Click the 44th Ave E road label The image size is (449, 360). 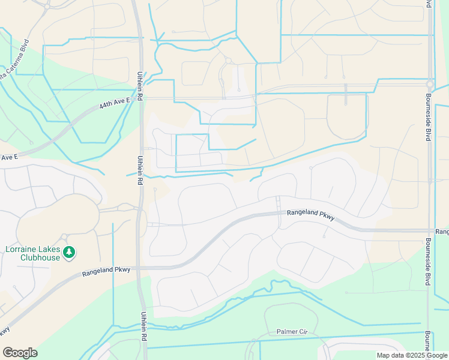(x=115, y=105)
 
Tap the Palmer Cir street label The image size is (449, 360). (x=292, y=332)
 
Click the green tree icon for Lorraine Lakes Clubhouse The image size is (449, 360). (x=70, y=252)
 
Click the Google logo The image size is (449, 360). (x=20, y=353)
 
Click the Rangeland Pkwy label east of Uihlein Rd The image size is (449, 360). (x=310, y=213)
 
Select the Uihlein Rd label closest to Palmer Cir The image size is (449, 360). (x=144, y=326)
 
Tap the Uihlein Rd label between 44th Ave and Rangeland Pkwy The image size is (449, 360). (x=140, y=171)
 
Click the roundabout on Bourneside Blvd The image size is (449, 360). (x=430, y=85)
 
